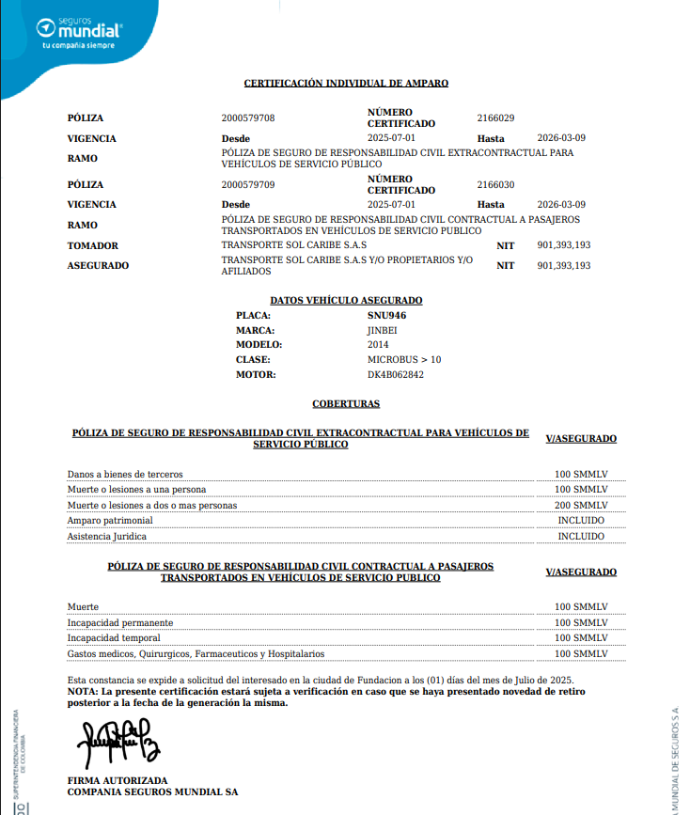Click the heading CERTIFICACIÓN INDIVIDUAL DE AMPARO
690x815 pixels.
(x=346, y=84)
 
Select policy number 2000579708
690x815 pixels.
(x=248, y=118)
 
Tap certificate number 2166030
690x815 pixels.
(x=495, y=185)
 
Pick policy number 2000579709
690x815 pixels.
(x=248, y=185)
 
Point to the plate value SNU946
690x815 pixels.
(x=386, y=315)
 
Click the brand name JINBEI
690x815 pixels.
(x=382, y=330)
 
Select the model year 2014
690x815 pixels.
(x=378, y=345)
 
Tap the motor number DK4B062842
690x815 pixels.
(x=395, y=375)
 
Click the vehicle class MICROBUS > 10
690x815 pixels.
(x=403, y=360)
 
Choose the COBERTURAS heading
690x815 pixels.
(x=346, y=404)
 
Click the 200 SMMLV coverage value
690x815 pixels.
(x=581, y=505)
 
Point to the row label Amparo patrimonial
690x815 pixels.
(x=110, y=521)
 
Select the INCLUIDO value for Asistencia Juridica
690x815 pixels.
(x=581, y=536)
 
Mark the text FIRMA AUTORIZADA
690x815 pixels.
(x=118, y=781)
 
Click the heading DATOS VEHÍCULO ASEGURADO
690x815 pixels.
(x=346, y=301)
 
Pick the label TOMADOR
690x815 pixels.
(x=93, y=246)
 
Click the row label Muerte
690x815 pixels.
(x=83, y=607)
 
